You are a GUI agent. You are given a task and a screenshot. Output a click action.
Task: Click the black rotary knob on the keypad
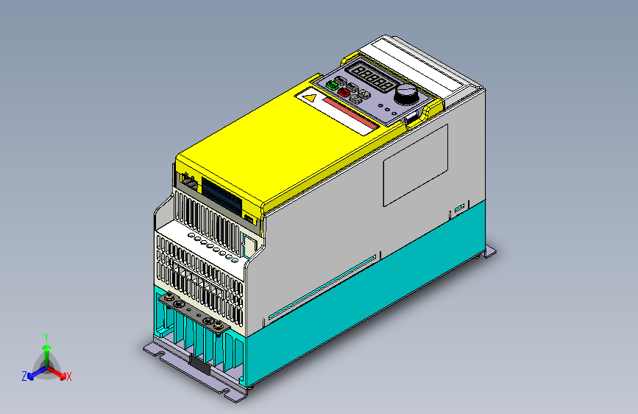click(x=405, y=94)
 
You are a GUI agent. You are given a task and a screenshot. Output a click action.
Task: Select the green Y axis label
click(x=46, y=336)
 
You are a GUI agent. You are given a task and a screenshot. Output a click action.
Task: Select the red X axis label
click(x=68, y=377)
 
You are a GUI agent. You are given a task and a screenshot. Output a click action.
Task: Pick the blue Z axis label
click(x=24, y=376)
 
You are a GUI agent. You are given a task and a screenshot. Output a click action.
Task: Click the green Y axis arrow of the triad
click(x=46, y=350)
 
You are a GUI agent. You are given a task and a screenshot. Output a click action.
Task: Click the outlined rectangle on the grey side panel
click(x=415, y=164)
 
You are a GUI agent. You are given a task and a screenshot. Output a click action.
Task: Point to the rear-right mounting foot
click(x=487, y=253)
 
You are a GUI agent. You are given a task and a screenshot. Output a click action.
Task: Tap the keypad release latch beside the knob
click(x=413, y=115)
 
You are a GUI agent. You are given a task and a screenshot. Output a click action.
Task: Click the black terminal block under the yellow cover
click(x=221, y=193)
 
